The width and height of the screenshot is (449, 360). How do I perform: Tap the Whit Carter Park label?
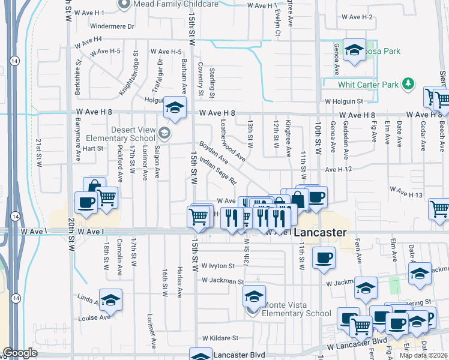(x=368, y=85)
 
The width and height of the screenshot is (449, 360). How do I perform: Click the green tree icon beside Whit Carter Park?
(x=408, y=83)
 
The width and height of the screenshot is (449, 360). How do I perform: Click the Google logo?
(x=20, y=353)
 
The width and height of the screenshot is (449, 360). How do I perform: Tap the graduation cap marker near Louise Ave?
(x=110, y=300)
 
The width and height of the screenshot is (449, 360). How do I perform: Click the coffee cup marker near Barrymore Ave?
(x=86, y=202)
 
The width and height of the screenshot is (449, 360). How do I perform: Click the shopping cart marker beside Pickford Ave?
(x=106, y=197)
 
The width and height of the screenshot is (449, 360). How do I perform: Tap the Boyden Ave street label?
(x=214, y=153)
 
